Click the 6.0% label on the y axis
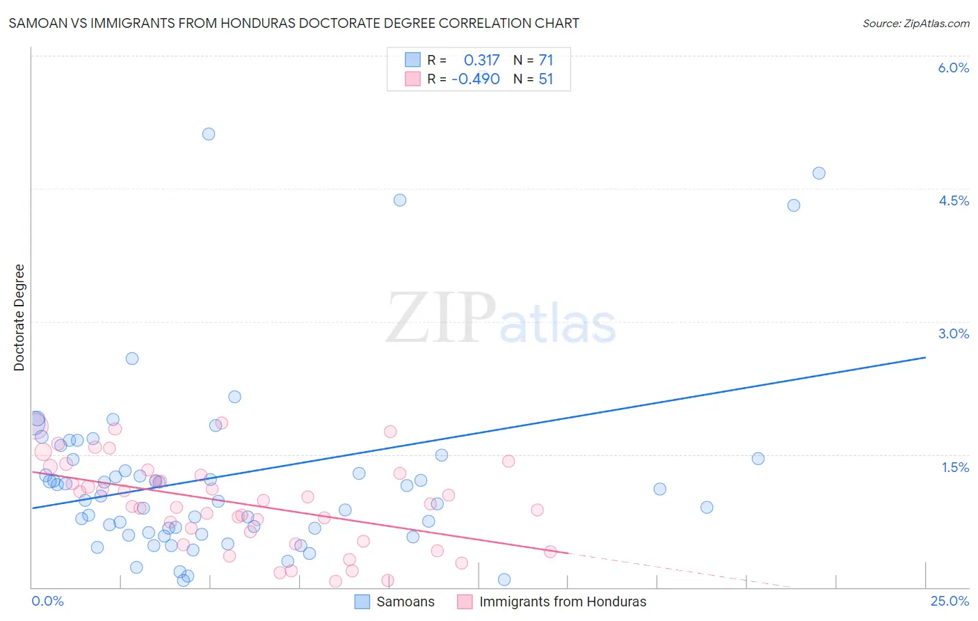[x=953, y=68]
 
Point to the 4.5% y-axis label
[x=953, y=201]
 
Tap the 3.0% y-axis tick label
[x=953, y=333]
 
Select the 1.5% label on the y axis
[x=955, y=467]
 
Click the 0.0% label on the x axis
[x=47, y=601]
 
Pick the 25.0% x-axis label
[x=949, y=601]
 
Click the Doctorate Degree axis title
[x=19, y=317]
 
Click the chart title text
[x=294, y=23]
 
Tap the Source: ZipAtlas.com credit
[x=915, y=23]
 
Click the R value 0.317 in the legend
[x=481, y=61]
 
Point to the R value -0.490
[x=476, y=79]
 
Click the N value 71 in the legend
[x=545, y=61]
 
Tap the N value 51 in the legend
[x=545, y=79]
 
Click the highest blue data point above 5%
[x=209, y=134]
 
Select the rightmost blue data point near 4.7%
[x=819, y=173]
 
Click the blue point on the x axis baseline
[x=504, y=579]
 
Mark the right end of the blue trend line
[x=925, y=357]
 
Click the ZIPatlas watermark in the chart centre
[x=501, y=319]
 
